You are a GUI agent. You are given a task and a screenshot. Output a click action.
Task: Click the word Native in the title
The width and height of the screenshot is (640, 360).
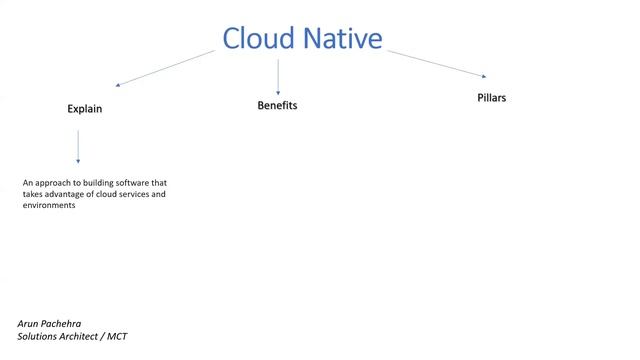coord(337,38)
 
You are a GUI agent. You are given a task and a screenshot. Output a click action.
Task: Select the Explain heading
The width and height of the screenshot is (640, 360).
coord(85,109)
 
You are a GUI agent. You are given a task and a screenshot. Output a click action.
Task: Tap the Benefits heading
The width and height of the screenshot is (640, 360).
coord(278,105)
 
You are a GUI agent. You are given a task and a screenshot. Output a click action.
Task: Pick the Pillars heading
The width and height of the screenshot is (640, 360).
coord(492,98)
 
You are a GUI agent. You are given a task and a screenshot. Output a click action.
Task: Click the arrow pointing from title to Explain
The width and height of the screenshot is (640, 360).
coord(165,68)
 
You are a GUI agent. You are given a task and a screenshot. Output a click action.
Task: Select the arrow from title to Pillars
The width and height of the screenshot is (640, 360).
coord(437,63)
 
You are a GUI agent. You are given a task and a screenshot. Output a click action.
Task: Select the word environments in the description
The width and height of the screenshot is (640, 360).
coord(49,205)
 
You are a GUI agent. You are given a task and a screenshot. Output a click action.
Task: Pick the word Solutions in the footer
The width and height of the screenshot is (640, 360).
coord(37,337)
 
